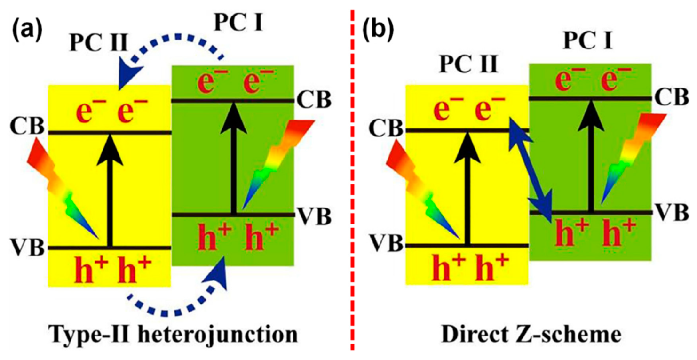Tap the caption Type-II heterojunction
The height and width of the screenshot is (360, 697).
pos(174,335)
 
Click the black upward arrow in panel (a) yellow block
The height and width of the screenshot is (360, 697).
pos(110,188)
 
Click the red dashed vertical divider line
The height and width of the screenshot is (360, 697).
pos(352,179)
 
